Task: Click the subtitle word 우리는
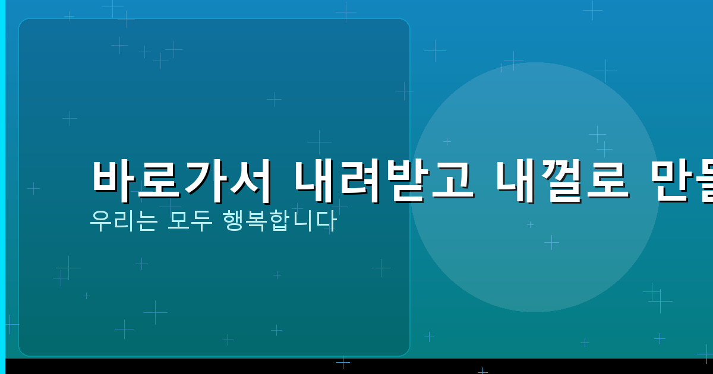[123, 221]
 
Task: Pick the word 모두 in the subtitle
[190, 221]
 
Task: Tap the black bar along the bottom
[356, 366]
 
